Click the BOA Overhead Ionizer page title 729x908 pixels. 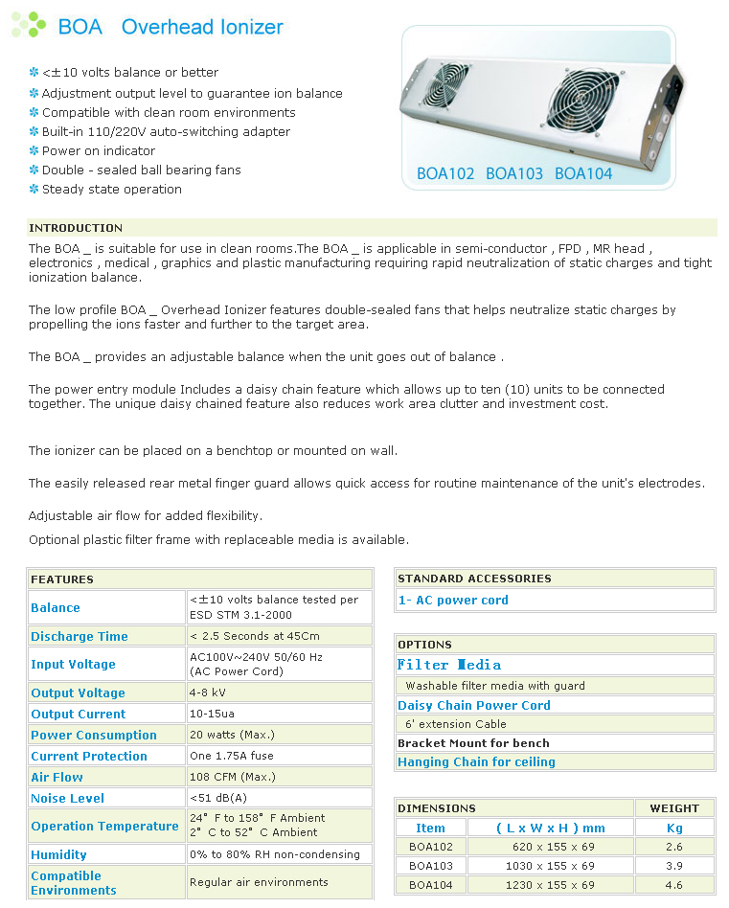171,27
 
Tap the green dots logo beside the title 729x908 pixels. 29,25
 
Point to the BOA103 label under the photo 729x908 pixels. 514,173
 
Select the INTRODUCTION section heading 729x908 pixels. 76,228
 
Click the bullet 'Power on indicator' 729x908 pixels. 98,150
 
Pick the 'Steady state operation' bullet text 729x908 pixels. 111,189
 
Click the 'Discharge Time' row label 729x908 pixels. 79,636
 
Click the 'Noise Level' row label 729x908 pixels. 67,798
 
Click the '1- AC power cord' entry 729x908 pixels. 453,601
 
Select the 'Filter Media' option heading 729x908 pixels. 449,665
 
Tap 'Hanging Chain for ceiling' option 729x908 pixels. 476,762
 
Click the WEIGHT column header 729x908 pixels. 674,808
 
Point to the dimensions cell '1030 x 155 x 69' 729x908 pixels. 549,866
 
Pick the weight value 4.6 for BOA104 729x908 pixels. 674,885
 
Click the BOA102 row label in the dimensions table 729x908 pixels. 430,847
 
